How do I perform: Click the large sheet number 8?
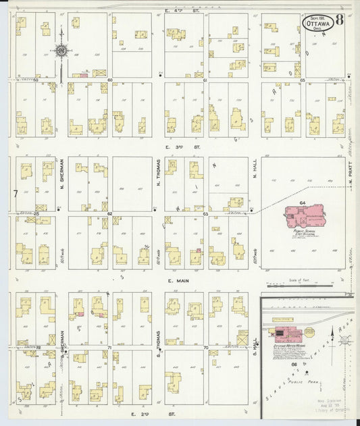(x=338, y=18)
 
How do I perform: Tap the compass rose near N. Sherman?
(x=61, y=50)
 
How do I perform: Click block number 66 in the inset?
(x=294, y=364)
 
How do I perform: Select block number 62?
(x=109, y=213)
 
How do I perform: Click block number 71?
(x=108, y=347)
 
